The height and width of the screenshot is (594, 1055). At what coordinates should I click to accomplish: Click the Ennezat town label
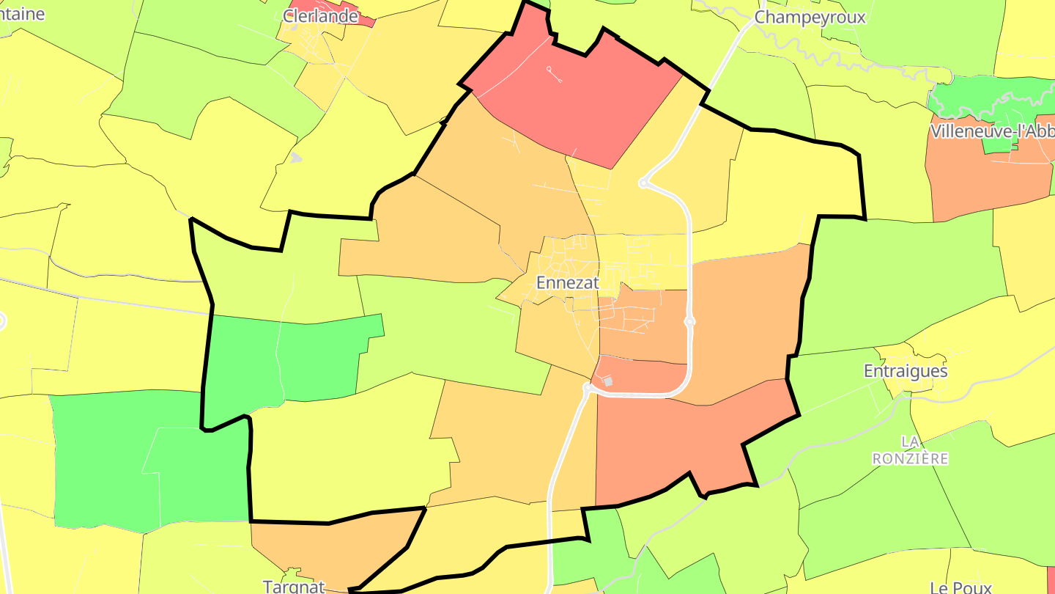(568, 282)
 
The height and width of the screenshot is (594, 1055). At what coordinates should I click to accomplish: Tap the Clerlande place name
(321, 16)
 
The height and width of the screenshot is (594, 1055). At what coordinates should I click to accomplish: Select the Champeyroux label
(810, 18)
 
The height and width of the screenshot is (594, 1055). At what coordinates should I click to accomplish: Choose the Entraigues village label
(906, 371)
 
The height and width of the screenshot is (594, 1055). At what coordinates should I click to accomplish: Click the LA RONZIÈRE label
(910, 450)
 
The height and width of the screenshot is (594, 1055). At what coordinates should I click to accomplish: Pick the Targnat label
(294, 587)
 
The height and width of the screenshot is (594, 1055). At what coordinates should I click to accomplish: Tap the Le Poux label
(960, 587)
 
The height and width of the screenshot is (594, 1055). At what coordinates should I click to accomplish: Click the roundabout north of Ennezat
(643, 183)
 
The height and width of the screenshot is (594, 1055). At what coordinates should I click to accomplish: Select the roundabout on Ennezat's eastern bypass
(689, 321)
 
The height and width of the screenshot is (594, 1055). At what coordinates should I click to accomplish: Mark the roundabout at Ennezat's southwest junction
(588, 386)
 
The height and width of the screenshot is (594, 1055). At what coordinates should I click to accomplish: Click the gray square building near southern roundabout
(607, 381)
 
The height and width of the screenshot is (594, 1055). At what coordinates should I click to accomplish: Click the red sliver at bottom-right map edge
(1051, 576)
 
